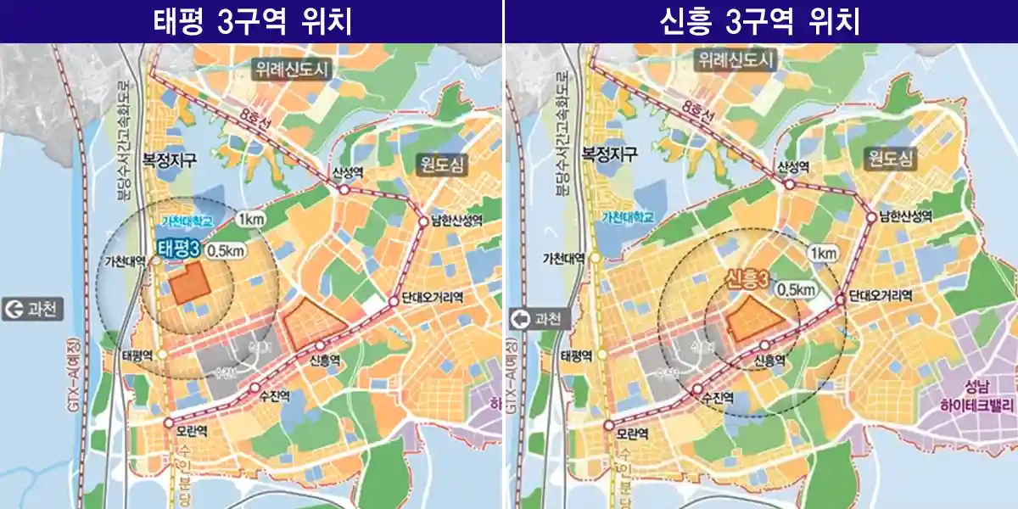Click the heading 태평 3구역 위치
tap(252, 21)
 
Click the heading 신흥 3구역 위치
tap(759, 21)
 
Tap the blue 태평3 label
tap(179, 249)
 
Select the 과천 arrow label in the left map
tap(33, 309)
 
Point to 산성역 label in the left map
tap(348, 172)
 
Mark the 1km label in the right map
tap(823, 254)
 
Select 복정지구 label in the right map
tap(610, 155)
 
